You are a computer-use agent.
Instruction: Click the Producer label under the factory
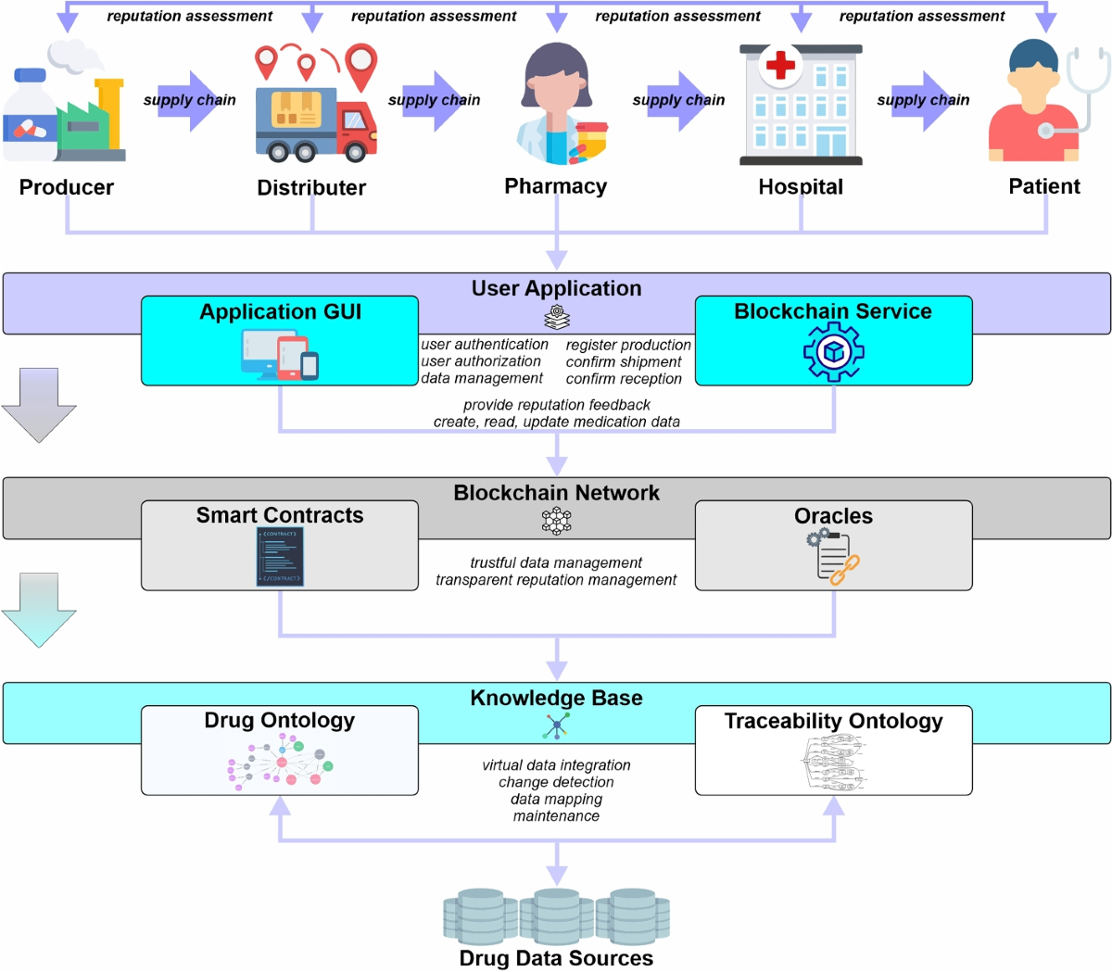pos(67,187)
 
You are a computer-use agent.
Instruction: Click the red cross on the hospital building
pos(780,65)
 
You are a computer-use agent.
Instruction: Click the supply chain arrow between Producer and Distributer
pos(190,100)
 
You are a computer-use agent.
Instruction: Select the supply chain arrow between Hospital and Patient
pos(923,100)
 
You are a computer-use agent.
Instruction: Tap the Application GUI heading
pos(280,312)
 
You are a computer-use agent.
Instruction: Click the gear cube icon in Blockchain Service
pos(833,352)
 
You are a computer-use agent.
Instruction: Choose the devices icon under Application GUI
pos(280,355)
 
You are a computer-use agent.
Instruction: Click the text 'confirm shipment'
pos(624,362)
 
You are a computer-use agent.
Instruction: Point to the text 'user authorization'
pos(481,361)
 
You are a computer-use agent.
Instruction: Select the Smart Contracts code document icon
pos(280,557)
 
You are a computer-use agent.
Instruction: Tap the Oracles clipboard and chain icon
pos(834,557)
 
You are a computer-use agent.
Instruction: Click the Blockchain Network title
pos(556,493)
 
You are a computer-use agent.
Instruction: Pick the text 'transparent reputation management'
pos(556,580)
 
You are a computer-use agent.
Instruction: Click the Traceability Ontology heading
pos(833,721)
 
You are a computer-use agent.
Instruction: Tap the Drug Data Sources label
pos(556,958)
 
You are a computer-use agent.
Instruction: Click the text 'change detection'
pos(556,782)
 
